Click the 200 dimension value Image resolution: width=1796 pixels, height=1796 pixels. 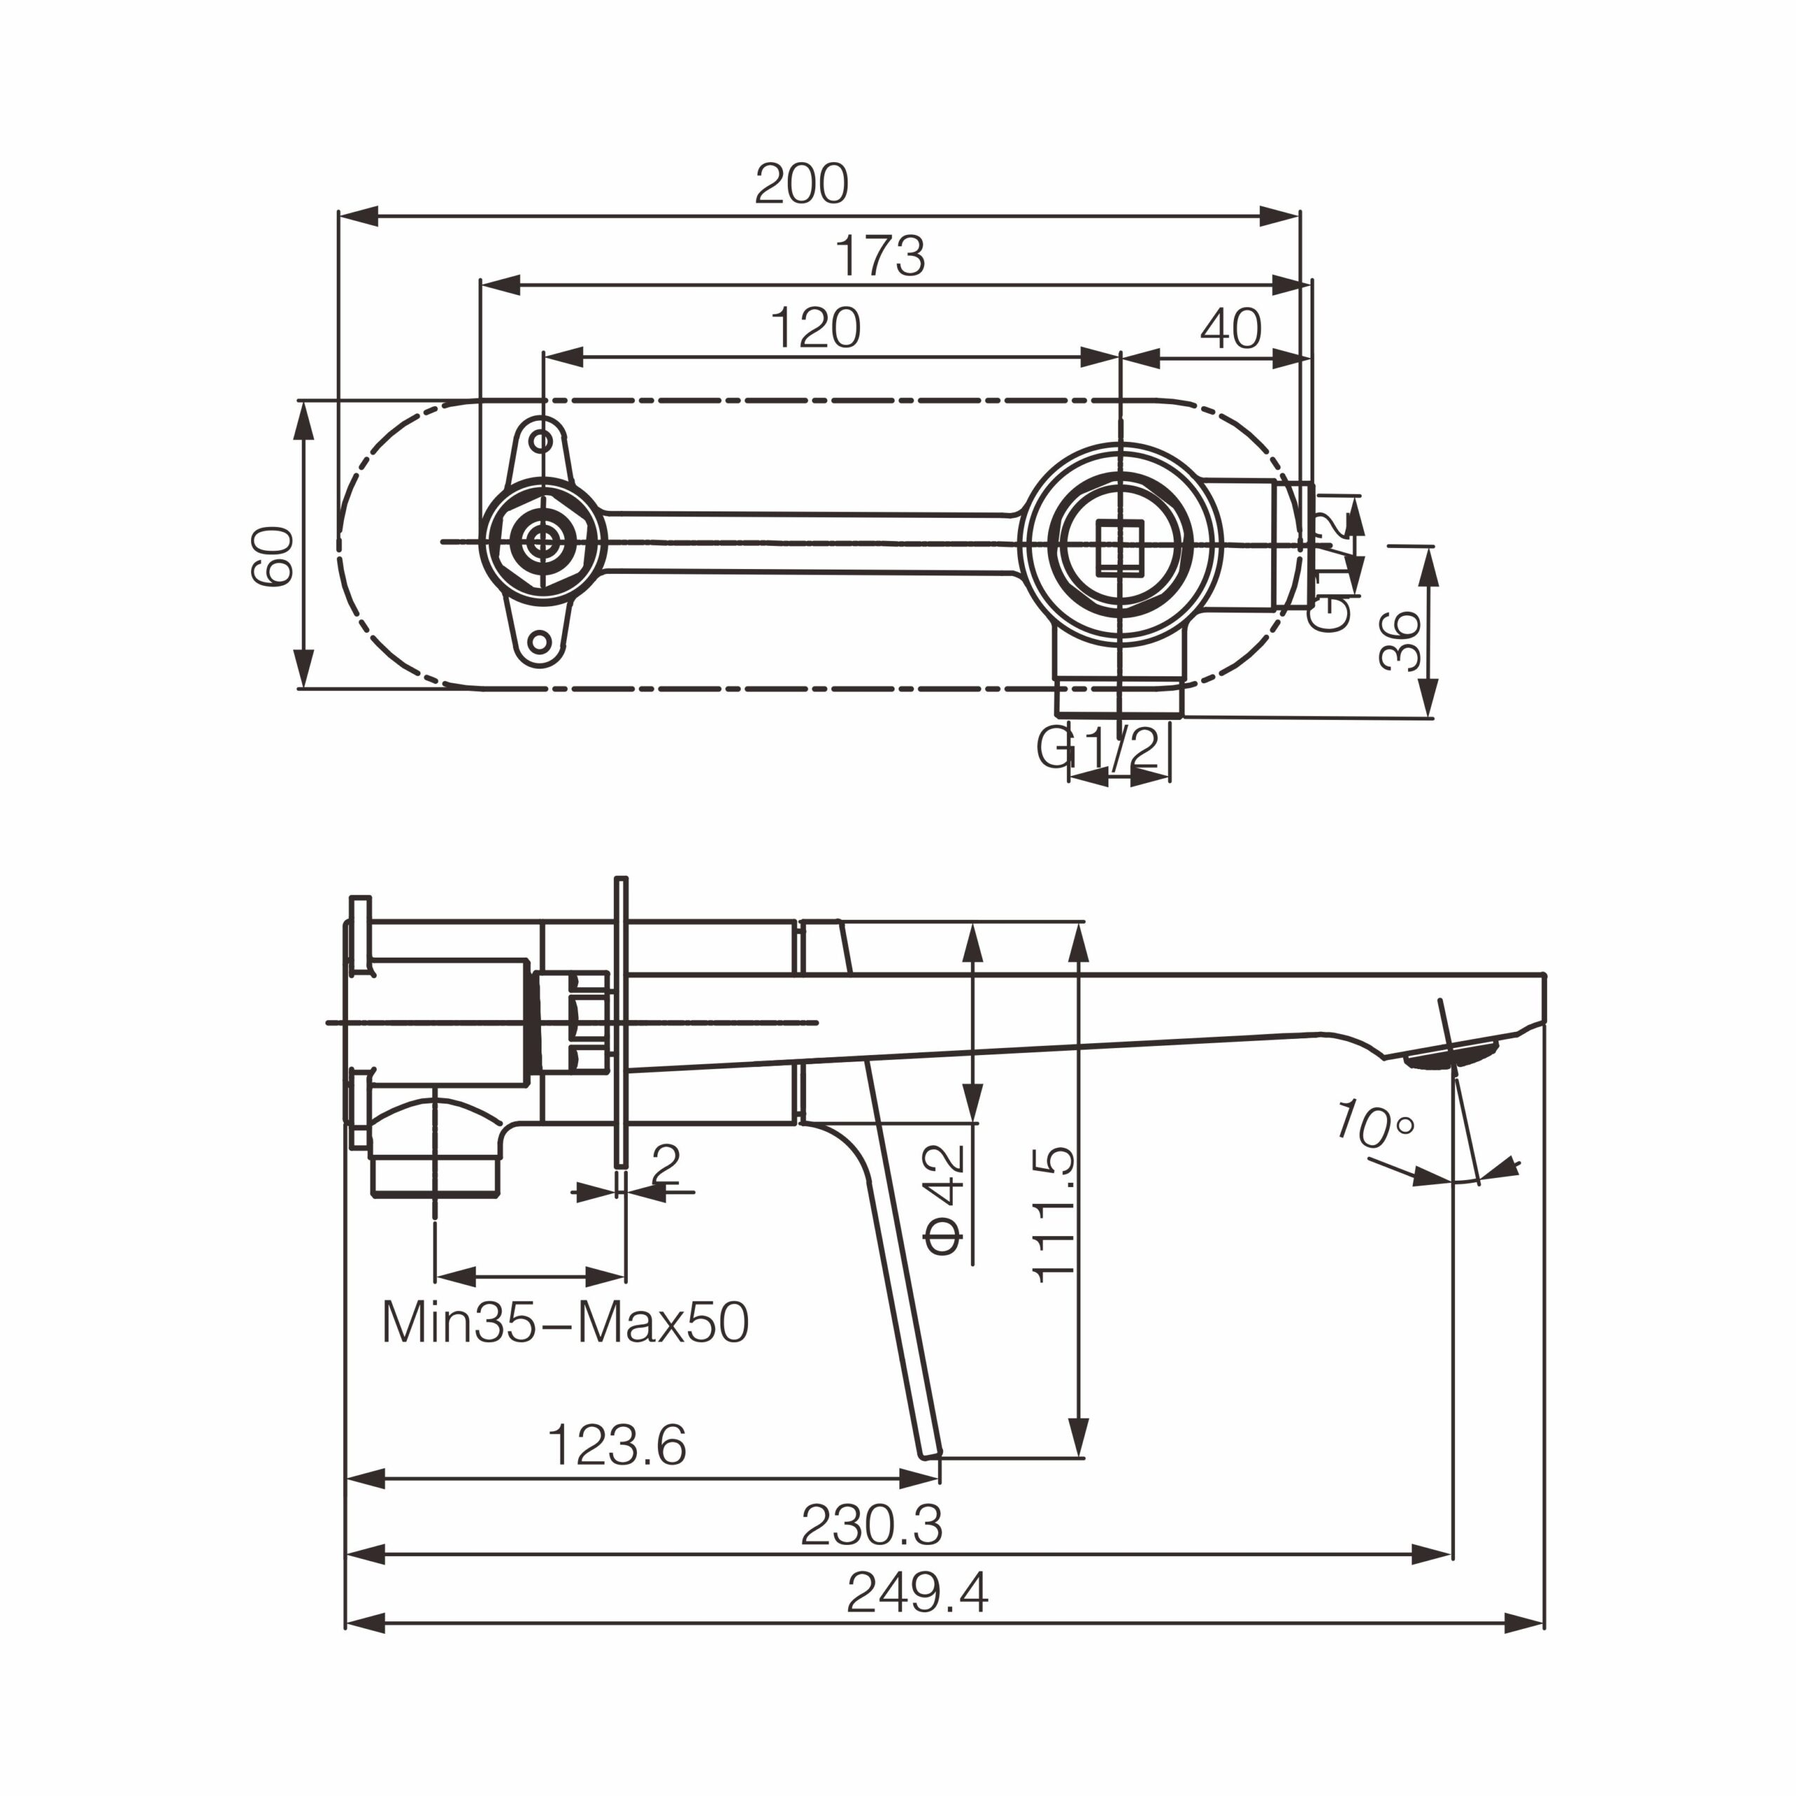click(x=801, y=184)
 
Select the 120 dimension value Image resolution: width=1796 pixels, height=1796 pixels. click(x=815, y=328)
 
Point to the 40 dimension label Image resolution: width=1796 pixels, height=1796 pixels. click(x=1231, y=328)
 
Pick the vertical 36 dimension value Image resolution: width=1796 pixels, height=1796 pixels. click(x=1400, y=641)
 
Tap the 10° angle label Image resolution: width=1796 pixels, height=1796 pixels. click(x=1374, y=1124)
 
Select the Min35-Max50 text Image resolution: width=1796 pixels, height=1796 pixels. click(x=565, y=1323)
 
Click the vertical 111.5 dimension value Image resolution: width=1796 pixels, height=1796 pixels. click(x=1055, y=1215)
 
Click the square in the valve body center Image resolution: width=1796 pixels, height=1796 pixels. click(x=1120, y=549)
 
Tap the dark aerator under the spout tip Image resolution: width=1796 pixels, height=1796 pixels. click(x=1451, y=1056)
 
